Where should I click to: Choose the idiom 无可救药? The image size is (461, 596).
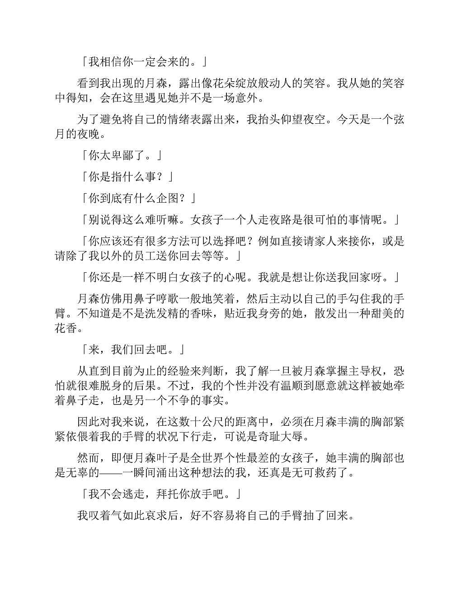coord(303,472)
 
